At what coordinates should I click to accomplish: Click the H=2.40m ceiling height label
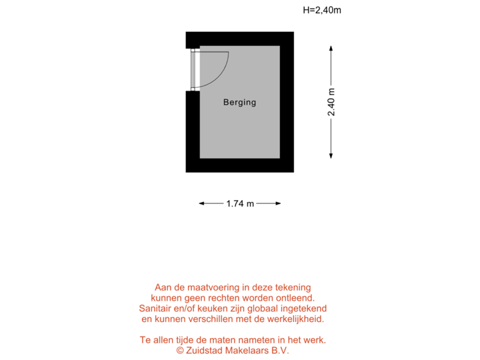322,10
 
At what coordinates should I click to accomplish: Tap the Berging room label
239,103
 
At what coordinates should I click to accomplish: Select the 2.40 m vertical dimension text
331,102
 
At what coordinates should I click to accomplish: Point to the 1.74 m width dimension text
240,204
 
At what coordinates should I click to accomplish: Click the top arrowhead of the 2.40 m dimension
331,47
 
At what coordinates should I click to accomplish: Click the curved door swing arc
223,73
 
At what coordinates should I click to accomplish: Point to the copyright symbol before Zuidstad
180,351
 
